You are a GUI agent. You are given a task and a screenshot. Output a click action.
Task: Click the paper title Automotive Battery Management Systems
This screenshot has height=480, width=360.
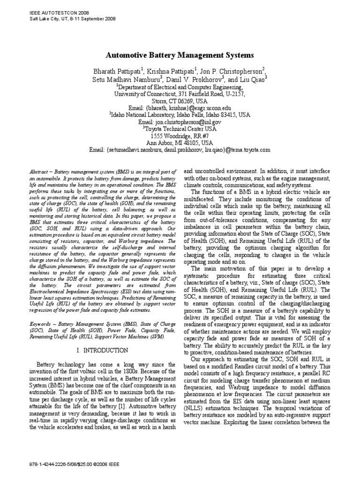point(180,55)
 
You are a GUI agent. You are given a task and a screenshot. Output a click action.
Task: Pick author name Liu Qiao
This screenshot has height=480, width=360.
point(252,79)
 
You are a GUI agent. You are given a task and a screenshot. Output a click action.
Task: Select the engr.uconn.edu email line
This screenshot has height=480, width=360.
point(180,107)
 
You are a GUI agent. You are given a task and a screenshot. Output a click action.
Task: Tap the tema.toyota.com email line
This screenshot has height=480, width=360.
point(180,150)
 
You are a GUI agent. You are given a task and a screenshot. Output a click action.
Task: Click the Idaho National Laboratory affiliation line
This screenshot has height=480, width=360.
point(180,114)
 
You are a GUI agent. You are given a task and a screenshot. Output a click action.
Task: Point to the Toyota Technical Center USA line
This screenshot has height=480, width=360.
point(180,128)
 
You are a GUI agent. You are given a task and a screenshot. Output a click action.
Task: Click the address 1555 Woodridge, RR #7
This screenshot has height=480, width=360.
point(180,135)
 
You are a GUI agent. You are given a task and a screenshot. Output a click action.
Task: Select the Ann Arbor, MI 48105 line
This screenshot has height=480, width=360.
point(180,142)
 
